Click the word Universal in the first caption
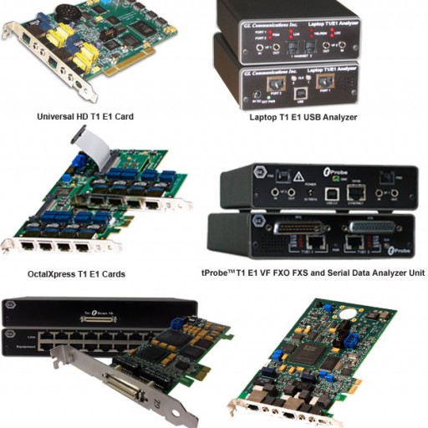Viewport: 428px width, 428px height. (54, 117)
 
